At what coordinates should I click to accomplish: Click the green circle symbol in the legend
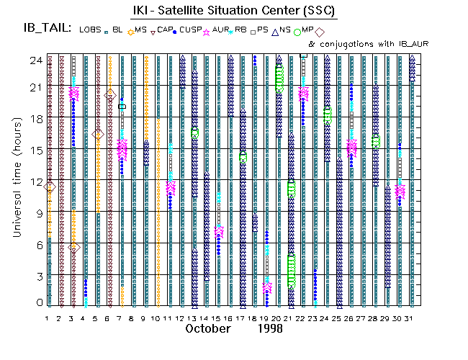point(297,32)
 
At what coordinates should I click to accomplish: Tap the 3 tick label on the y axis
point(35,274)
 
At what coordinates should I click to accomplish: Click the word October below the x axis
point(207,329)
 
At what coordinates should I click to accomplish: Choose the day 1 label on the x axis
point(48,318)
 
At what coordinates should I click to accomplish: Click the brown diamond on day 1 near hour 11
point(50,187)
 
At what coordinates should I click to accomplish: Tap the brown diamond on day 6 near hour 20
point(110,95)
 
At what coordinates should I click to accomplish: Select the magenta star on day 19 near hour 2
point(267,288)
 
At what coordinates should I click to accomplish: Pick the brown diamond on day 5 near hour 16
point(98,135)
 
